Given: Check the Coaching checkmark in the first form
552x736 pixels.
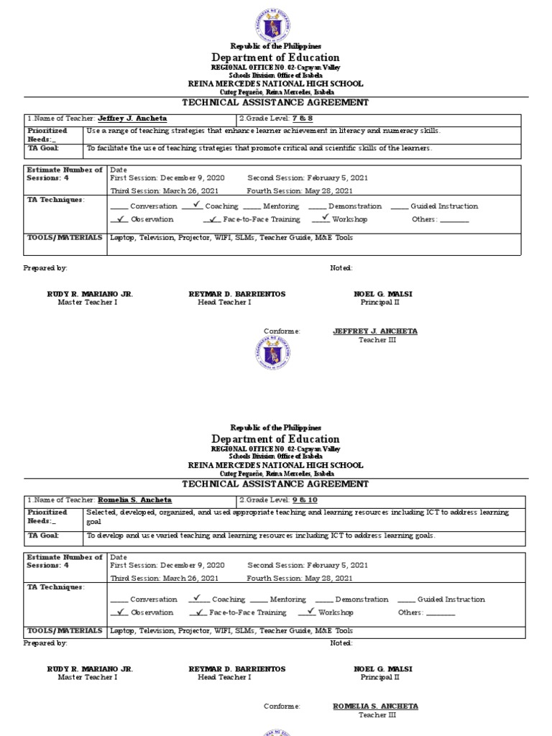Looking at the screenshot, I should click(x=195, y=205).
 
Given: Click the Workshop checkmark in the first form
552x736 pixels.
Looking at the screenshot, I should click(x=325, y=217).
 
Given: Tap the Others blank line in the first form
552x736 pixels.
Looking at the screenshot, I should click(x=454, y=220).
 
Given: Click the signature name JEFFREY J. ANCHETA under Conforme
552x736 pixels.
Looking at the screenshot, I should click(x=375, y=331).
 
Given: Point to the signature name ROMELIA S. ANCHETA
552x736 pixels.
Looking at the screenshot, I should click(x=375, y=707).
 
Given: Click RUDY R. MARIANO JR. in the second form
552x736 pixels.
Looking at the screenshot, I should click(x=90, y=669).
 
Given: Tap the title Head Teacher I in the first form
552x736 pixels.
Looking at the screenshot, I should click(x=224, y=303).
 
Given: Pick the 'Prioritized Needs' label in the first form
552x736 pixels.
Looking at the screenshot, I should click(x=47, y=134).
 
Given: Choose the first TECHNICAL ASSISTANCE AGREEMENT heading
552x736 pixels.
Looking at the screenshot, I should click(x=275, y=102).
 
